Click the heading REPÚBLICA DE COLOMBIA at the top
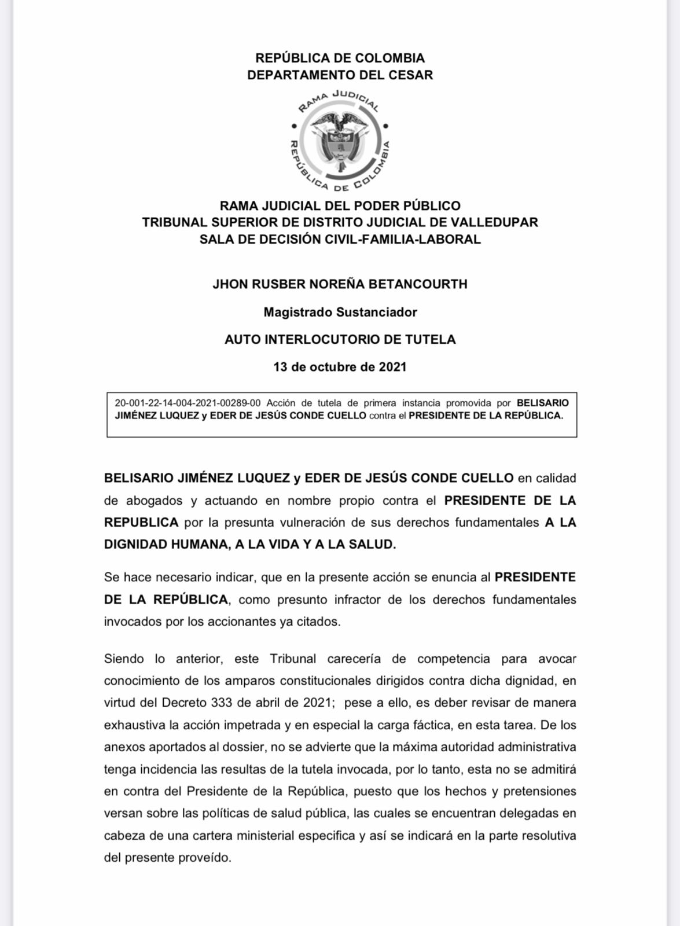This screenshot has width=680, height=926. (x=340, y=58)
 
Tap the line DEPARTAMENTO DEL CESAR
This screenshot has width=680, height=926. (x=340, y=75)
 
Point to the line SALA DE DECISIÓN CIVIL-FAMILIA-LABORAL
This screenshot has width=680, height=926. (x=340, y=239)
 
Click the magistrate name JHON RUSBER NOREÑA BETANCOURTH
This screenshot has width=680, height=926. (x=340, y=284)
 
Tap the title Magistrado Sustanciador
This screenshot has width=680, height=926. (x=340, y=312)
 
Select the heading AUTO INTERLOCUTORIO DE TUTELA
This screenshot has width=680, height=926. (x=340, y=339)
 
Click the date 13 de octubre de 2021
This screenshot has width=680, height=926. (x=340, y=367)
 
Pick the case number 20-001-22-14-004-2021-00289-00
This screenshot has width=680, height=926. (x=188, y=403)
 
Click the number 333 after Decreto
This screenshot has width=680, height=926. (x=222, y=703)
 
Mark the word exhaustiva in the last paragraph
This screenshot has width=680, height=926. (x=135, y=725)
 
